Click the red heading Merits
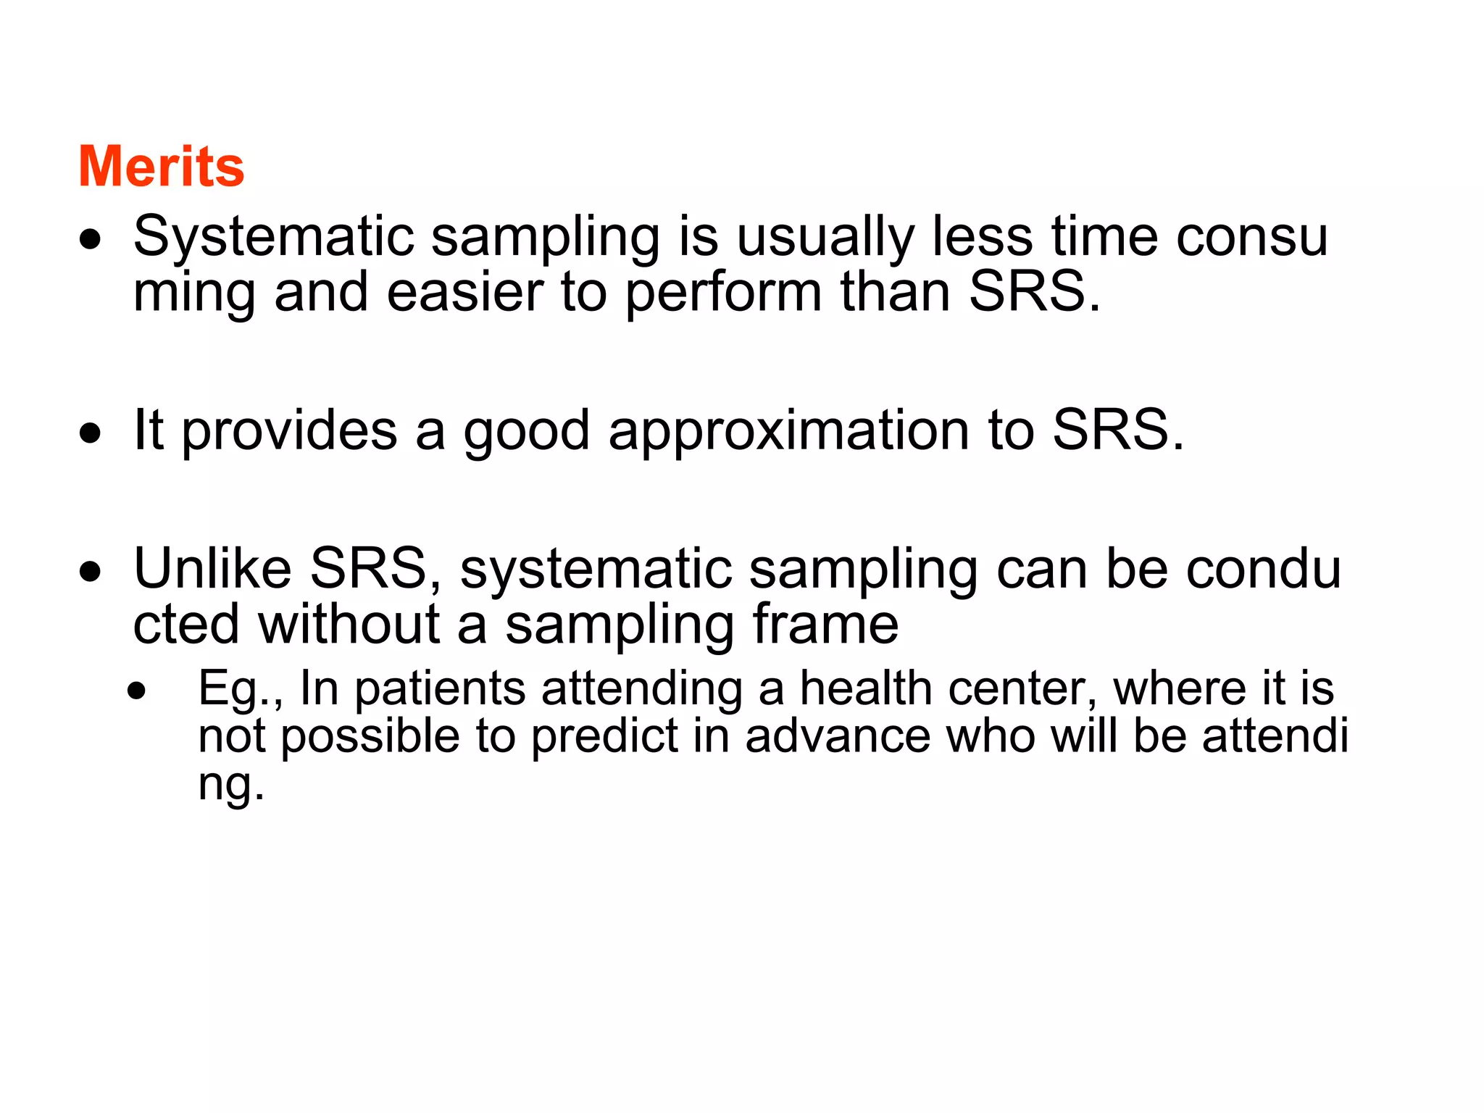(x=161, y=167)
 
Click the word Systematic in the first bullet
(x=273, y=237)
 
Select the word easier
(x=464, y=292)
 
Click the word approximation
(x=788, y=431)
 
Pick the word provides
(x=288, y=431)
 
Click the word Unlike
(x=212, y=569)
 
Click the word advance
(x=838, y=736)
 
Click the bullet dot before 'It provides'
(x=91, y=434)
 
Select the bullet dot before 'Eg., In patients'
(x=136, y=691)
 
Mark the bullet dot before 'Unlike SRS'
(x=91, y=572)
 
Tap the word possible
(x=370, y=737)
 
